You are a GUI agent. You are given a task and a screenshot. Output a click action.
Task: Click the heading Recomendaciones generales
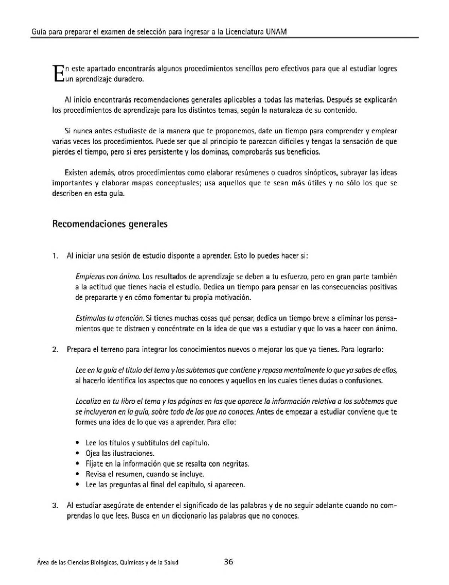tap(110, 224)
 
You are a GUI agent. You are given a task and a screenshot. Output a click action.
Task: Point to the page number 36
tap(228, 561)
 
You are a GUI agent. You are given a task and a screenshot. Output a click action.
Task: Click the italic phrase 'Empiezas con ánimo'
tap(108, 277)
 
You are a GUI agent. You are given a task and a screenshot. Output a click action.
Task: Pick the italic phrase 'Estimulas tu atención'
tap(109, 319)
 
